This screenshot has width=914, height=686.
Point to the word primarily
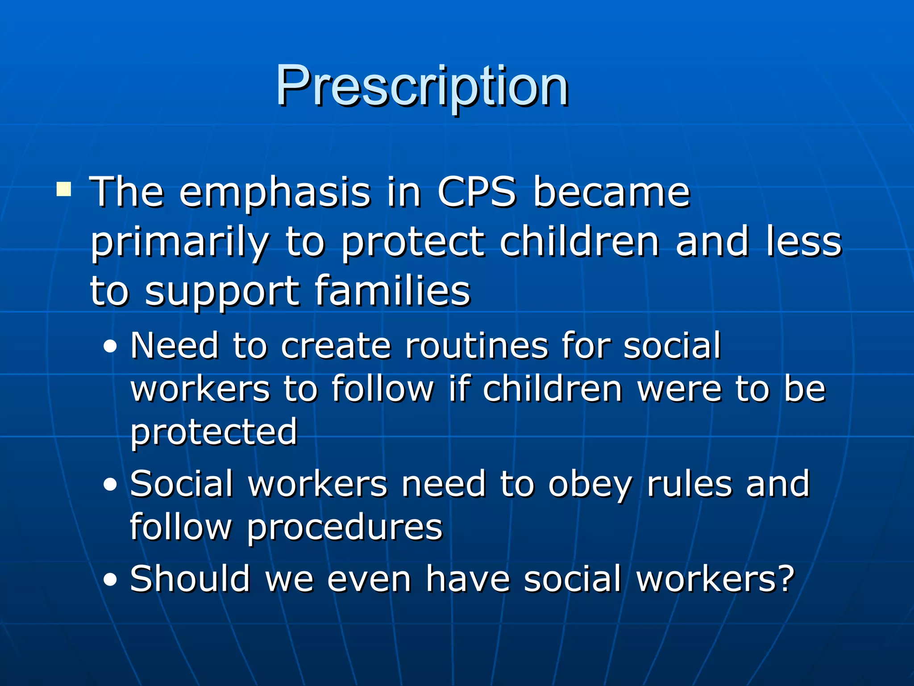(180, 243)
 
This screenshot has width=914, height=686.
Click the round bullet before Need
(110, 347)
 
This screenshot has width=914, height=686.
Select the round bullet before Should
(110, 580)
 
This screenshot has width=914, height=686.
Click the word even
(369, 579)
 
